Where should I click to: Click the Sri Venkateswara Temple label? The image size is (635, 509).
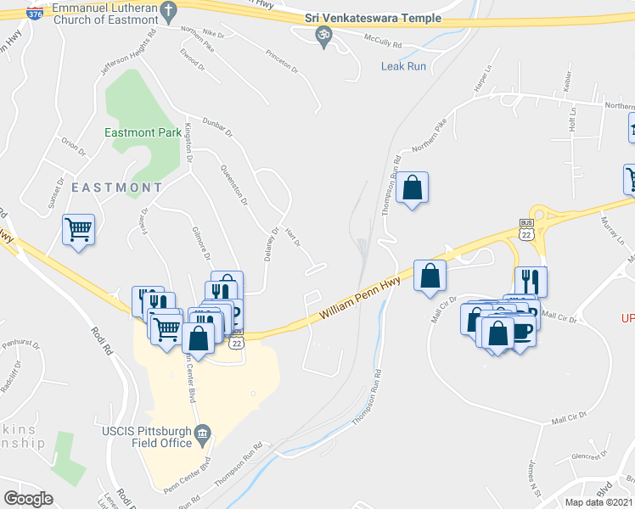(374, 18)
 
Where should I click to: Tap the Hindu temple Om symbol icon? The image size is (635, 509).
(323, 35)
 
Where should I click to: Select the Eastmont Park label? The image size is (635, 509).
(143, 132)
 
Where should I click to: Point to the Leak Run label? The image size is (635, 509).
(403, 65)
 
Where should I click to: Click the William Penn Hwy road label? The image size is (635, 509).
(360, 302)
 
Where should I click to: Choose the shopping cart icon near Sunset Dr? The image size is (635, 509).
(78, 228)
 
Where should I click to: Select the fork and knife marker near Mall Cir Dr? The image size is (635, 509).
(531, 280)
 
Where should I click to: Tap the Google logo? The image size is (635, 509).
(28, 499)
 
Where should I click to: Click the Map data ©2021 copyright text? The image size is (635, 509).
(599, 502)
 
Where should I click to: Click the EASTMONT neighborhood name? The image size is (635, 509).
(116, 187)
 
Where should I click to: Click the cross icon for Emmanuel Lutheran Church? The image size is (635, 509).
(168, 11)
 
